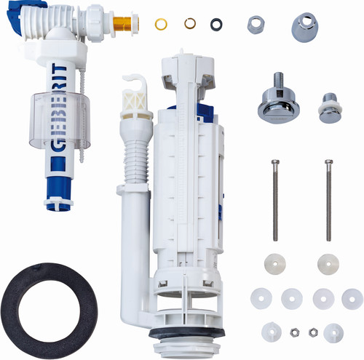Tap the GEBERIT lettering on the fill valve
[58, 108]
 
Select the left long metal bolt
[275, 200]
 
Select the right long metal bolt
[328, 200]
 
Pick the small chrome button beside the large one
[331, 108]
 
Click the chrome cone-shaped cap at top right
[304, 27]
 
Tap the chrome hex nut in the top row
[256, 25]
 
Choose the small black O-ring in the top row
[216, 25]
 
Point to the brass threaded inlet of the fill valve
[126, 24]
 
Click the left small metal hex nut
[294, 332]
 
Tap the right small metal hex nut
[313, 332]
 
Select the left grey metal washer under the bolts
[275, 264]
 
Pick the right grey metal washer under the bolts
[328, 264]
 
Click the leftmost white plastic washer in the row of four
[261, 298]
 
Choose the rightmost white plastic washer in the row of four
[352, 299]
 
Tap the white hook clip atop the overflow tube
[135, 92]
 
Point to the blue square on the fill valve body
[58, 164]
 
